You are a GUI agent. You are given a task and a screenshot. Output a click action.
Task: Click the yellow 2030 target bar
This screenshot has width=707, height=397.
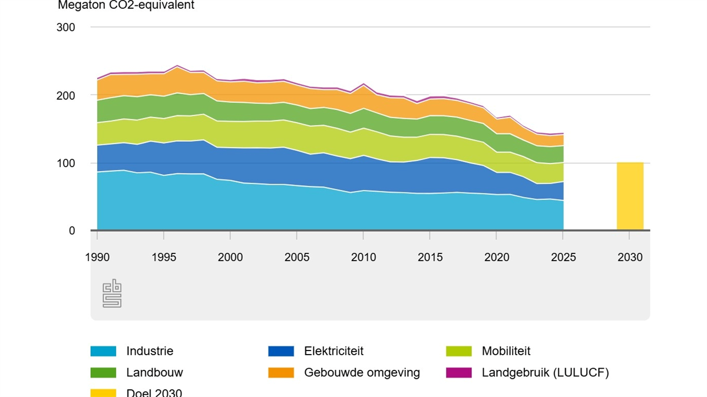point(630,196)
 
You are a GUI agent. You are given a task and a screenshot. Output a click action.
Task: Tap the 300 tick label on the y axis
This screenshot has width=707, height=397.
point(65,28)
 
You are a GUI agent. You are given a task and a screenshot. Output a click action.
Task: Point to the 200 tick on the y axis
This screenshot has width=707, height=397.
point(65,95)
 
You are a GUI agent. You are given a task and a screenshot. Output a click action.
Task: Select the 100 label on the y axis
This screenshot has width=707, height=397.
point(65,163)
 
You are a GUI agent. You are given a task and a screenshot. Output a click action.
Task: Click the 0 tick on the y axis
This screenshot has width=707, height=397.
point(72,231)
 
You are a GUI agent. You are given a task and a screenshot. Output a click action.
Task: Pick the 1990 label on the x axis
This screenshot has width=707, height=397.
point(97,257)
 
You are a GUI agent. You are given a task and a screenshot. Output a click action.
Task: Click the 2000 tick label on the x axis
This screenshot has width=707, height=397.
point(230,257)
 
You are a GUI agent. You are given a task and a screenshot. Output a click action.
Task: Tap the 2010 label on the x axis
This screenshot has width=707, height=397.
point(364,257)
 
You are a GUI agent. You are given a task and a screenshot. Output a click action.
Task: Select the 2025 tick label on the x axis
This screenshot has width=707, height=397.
point(563,257)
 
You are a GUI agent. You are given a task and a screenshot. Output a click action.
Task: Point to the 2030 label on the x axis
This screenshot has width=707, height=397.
point(630,257)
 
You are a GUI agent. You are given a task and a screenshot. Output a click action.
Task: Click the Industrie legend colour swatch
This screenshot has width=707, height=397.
point(103,351)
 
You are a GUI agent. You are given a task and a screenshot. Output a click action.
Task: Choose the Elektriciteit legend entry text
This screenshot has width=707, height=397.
point(333,351)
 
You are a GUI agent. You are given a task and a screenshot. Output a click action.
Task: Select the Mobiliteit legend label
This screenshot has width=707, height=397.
point(506,351)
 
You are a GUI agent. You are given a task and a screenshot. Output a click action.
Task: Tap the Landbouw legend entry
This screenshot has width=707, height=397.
point(154,372)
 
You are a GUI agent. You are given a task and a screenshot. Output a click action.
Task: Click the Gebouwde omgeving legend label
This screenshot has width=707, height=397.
point(362,372)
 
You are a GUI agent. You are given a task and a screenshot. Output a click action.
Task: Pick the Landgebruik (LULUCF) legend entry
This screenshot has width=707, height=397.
point(545,372)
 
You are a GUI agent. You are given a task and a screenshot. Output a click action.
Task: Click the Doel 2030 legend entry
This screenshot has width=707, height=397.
point(154,392)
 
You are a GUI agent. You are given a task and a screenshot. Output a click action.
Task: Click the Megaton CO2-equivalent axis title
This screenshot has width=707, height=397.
point(125,6)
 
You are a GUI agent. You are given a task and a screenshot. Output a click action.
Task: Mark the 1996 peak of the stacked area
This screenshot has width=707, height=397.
point(177,66)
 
